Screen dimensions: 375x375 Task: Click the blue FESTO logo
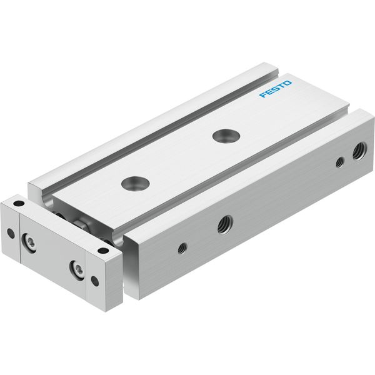coord(275,89)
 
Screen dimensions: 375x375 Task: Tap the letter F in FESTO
coord(263,95)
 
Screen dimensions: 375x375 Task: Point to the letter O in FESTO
coord(287,83)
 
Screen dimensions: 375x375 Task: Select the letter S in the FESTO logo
coord(276,89)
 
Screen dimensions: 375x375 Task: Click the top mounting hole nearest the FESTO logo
coord(226,136)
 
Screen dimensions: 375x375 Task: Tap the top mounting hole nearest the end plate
coord(136,183)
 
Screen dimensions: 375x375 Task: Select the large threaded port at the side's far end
coord(359,151)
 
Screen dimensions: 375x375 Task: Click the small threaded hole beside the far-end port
coord(340,162)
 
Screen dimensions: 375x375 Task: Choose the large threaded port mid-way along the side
coord(225,225)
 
